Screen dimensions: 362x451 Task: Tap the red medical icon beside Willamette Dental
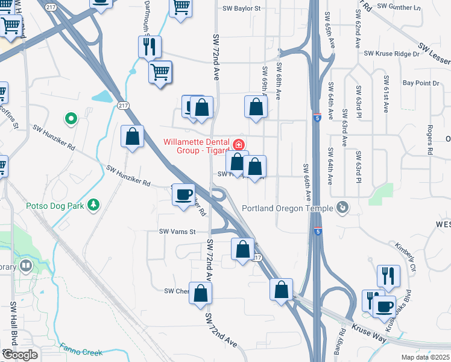tap(239, 144)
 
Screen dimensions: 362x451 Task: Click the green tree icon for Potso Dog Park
tap(93, 206)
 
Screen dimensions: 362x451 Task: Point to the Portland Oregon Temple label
tap(288, 209)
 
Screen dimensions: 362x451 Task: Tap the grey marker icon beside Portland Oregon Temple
tap(342, 208)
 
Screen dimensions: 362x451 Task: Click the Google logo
tap(20, 355)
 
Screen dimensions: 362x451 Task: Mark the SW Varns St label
tap(178, 232)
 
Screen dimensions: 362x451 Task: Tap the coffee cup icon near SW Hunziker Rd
tap(184, 195)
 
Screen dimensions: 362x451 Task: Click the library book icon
tap(25, 265)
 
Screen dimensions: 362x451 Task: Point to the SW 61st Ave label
tap(385, 95)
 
